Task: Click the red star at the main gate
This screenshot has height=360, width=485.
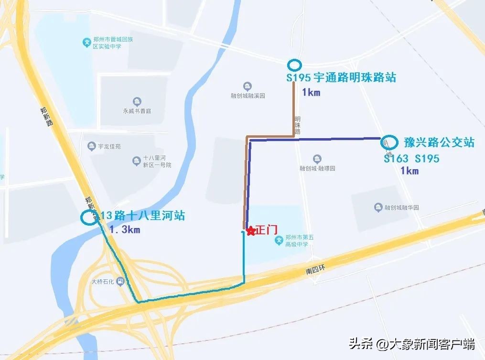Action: [x=250, y=231]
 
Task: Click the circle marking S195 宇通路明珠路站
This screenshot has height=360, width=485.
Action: [x=294, y=65]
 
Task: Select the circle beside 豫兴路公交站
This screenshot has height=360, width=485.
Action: [x=389, y=142]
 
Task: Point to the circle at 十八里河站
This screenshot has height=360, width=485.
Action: [x=88, y=218]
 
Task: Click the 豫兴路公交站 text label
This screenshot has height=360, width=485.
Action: [x=439, y=142]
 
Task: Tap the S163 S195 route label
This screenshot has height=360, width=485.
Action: [x=411, y=158]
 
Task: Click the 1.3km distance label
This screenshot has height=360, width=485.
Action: [x=124, y=229]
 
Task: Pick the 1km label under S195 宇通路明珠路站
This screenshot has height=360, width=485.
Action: [x=311, y=92]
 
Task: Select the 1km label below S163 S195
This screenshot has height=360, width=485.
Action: [x=409, y=171]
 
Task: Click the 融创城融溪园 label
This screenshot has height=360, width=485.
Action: [x=248, y=96]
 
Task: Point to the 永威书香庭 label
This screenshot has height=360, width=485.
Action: [x=137, y=110]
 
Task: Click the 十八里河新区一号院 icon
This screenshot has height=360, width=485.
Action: [x=136, y=161]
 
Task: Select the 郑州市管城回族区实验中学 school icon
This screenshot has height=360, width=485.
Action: [x=86, y=43]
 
